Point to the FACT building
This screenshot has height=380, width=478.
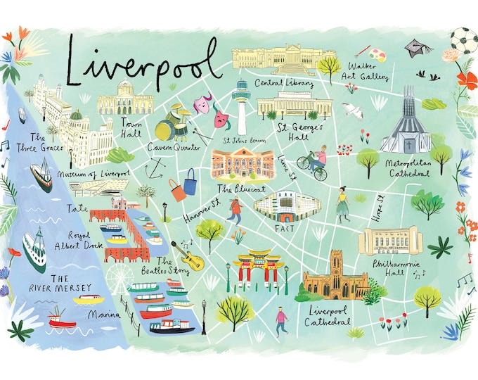coord(287,205)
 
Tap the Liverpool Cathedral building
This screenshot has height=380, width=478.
coord(337,279)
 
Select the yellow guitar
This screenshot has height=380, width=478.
coord(192,259)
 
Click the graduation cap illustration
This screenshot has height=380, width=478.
coord(414,49)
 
